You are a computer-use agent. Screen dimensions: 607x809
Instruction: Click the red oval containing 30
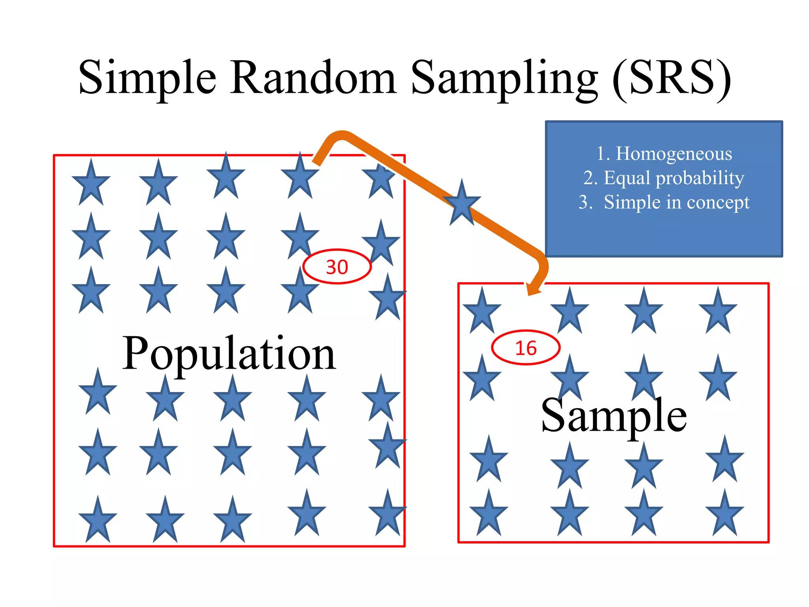point(337,267)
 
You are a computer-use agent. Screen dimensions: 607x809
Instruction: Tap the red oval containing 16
point(526,348)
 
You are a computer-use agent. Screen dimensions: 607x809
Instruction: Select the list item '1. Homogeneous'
point(664,153)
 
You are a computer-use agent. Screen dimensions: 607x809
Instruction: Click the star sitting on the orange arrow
point(462,204)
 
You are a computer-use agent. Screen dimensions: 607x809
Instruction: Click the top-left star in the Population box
point(91,184)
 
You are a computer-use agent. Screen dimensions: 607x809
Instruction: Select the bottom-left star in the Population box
point(98,521)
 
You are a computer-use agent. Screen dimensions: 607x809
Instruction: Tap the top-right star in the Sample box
point(718,312)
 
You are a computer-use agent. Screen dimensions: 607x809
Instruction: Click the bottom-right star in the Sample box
point(724,514)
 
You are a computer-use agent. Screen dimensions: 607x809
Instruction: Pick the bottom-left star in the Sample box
point(489,514)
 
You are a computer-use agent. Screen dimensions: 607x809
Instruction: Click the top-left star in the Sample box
point(482,312)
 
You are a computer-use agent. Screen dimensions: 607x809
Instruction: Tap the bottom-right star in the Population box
point(387,514)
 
